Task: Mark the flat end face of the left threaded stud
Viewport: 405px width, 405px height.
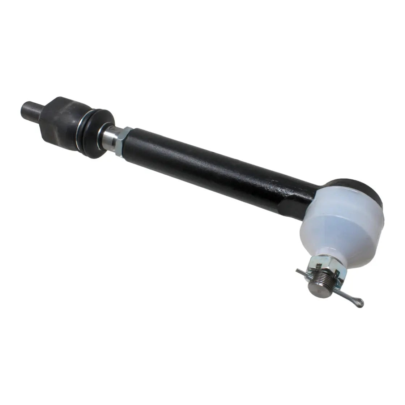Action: [x=24, y=107]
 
